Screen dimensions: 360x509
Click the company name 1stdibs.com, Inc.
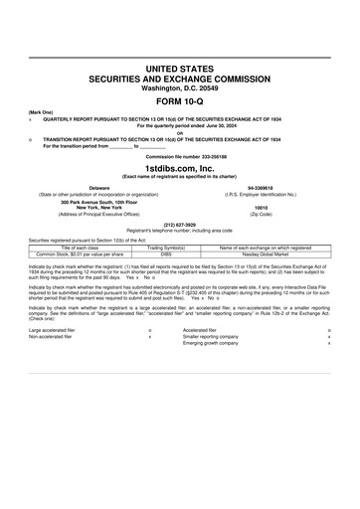point(179,169)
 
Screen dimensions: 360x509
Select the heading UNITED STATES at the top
point(179,67)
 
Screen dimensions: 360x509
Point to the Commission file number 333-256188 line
point(179,157)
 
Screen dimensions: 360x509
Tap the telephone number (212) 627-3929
point(179,224)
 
